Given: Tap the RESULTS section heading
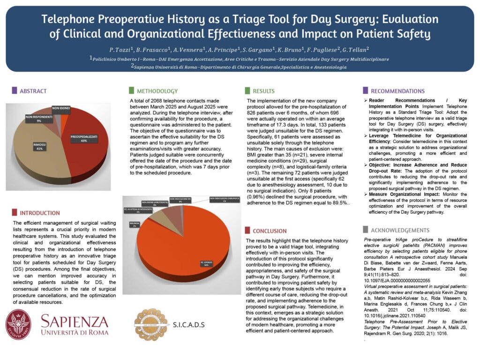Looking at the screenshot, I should pos(263,91).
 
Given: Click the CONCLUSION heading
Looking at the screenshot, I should pos(270,231).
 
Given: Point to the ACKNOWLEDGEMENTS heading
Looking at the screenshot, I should pos(400,230).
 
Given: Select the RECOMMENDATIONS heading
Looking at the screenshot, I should pos(397,91).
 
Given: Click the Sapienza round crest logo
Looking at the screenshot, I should pos(19,325).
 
